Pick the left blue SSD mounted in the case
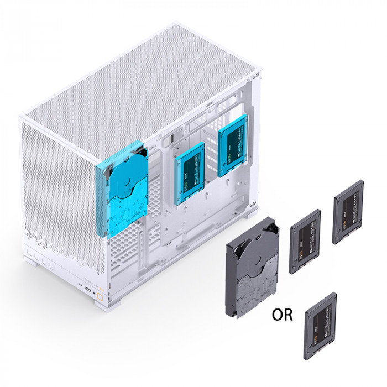point(190,172)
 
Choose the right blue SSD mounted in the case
point(232,148)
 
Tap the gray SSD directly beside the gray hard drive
point(305,241)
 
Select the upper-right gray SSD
point(348,212)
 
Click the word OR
point(282,315)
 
